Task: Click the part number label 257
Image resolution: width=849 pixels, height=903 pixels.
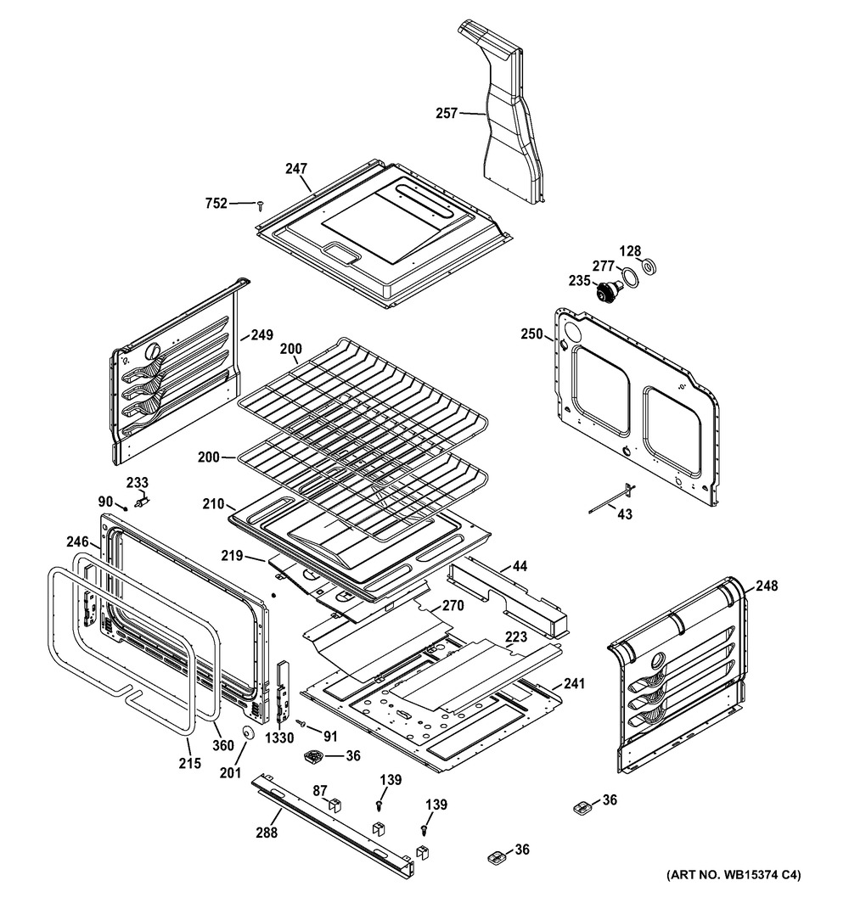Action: pos(447,113)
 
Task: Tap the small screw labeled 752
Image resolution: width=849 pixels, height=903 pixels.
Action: pos(261,204)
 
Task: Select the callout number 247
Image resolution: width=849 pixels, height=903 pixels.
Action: pos(296,169)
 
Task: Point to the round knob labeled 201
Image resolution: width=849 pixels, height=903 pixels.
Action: pos(249,733)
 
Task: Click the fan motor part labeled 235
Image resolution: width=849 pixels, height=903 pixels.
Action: pos(608,293)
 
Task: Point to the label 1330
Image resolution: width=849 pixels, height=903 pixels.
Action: pos(279,738)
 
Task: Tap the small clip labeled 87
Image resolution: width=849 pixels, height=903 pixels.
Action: pos(334,803)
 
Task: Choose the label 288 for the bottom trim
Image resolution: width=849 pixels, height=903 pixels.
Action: pos(267,833)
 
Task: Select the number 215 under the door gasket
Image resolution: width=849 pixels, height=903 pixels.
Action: pos(190,763)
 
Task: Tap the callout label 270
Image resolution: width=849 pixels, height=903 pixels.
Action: pos(453,607)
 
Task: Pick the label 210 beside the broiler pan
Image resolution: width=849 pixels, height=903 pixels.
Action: pos(213,504)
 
